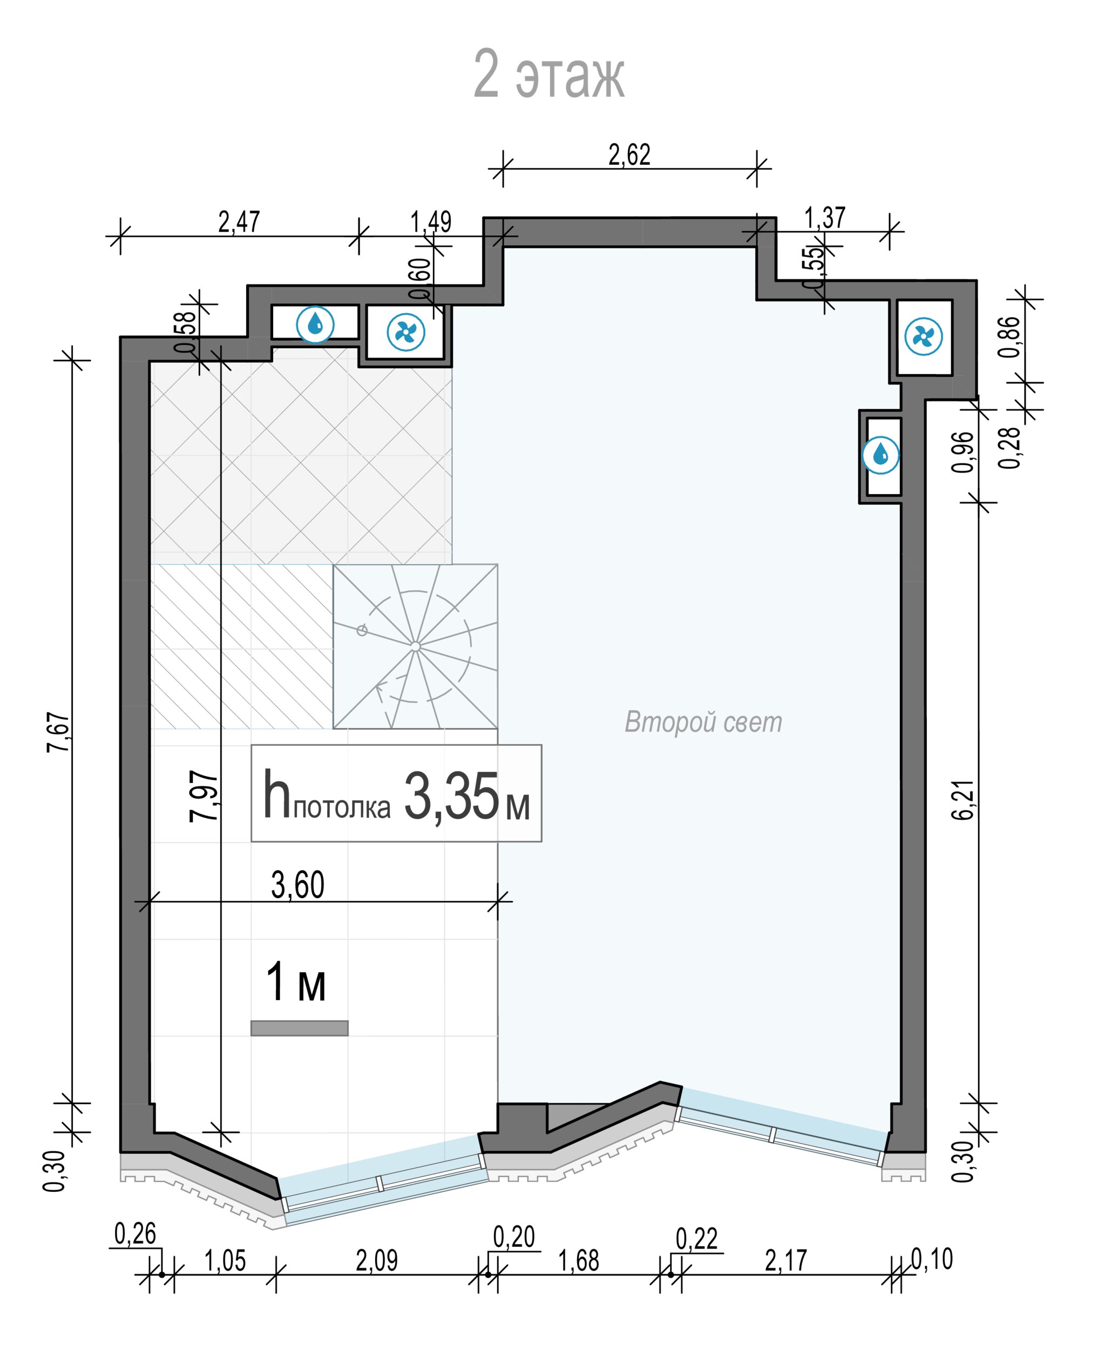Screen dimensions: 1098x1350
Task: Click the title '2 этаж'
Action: (549, 75)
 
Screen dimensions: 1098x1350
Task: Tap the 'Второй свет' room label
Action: (703, 723)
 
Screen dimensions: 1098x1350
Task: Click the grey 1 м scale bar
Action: (299, 1028)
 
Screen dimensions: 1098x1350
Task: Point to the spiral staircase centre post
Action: (415, 646)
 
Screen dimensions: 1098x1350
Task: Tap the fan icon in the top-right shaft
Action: (924, 336)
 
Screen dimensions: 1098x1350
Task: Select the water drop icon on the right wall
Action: (880, 455)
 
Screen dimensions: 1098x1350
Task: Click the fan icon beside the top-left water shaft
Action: (405, 332)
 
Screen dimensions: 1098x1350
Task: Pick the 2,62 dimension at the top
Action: (629, 155)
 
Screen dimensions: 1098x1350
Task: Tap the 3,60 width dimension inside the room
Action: (298, 885)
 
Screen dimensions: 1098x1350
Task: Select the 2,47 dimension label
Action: (239, 222)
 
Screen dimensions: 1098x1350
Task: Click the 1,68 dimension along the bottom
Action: (579, 1260)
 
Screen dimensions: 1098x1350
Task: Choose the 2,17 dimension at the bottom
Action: (786, 1260)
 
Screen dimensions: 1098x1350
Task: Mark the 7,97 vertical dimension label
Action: (204, 796)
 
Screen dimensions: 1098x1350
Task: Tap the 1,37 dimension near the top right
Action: (825, 218)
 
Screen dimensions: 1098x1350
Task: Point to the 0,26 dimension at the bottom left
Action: (135, 1233)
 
